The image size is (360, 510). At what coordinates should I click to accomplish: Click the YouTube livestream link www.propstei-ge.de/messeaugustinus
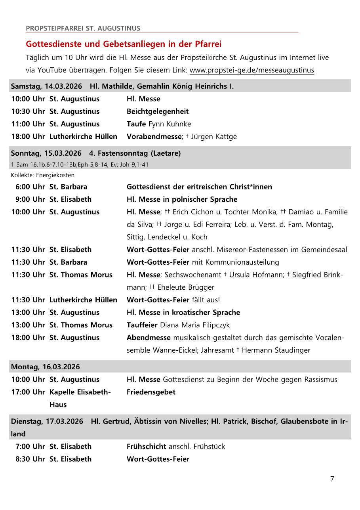252,71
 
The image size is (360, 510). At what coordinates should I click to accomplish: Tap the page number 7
332,479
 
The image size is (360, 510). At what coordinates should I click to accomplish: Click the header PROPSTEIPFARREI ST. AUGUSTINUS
83,29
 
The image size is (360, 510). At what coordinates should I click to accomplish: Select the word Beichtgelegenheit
158,111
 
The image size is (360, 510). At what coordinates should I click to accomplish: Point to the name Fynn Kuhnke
170,124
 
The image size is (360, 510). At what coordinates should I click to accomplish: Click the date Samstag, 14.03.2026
46,86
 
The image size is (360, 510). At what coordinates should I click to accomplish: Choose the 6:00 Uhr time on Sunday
30,187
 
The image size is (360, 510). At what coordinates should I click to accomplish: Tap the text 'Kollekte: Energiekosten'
43,175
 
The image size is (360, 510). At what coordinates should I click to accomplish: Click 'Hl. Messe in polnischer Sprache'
182,199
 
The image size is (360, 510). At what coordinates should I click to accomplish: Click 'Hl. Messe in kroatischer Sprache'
183,312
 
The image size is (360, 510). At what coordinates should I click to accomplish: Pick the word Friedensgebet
151,392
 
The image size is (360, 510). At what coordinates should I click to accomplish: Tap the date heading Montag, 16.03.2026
45,367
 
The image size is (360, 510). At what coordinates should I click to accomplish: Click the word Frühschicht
146,446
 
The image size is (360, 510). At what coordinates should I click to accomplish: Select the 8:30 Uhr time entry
30,459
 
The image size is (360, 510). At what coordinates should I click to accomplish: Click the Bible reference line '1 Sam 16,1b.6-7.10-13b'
80,164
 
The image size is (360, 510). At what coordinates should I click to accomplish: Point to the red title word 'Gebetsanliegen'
130,44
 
